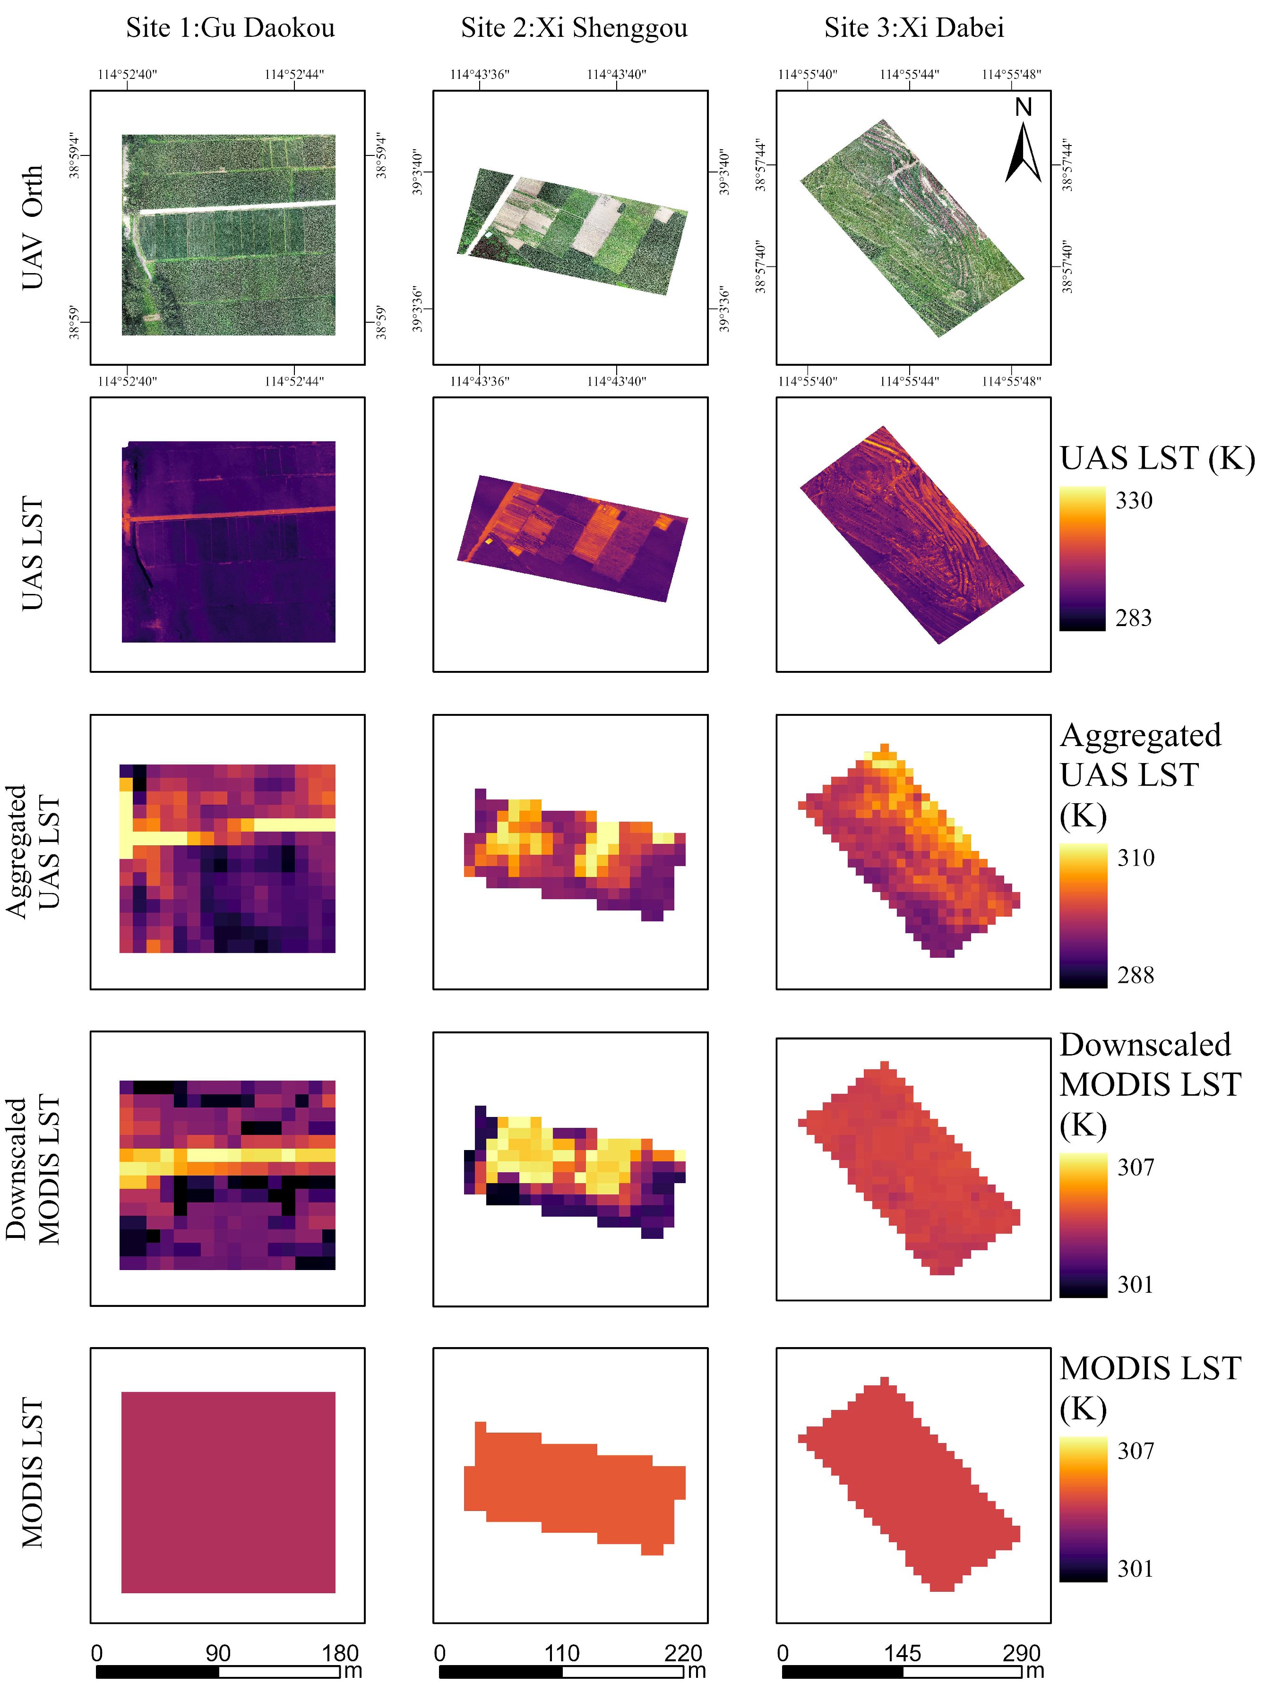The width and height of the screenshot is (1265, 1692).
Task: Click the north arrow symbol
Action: [x=1024, y=146]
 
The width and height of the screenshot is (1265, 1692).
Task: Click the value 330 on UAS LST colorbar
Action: [x=1134, y=500]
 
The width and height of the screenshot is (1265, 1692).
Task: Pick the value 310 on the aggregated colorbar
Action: [x=1136, y=858]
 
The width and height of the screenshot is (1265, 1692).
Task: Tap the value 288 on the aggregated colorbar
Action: [x=1136, y=975]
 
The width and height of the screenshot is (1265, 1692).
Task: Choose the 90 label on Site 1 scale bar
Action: [x=218, y=1653]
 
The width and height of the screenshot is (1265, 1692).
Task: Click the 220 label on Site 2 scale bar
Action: [x=683, y=1653]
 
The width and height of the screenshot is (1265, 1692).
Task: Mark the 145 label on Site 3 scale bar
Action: [x=903, y=1653]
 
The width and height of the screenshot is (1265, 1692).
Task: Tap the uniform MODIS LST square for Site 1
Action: [x=228, y=1492]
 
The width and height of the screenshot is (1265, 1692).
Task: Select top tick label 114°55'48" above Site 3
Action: [x=1011, y=74]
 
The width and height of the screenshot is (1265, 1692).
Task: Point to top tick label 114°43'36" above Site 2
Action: [x=480, y=74]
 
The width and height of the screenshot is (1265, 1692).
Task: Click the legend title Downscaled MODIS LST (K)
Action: [x=1150, y=1085]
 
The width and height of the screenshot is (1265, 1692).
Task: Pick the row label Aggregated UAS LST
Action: [x=32, y=851]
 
